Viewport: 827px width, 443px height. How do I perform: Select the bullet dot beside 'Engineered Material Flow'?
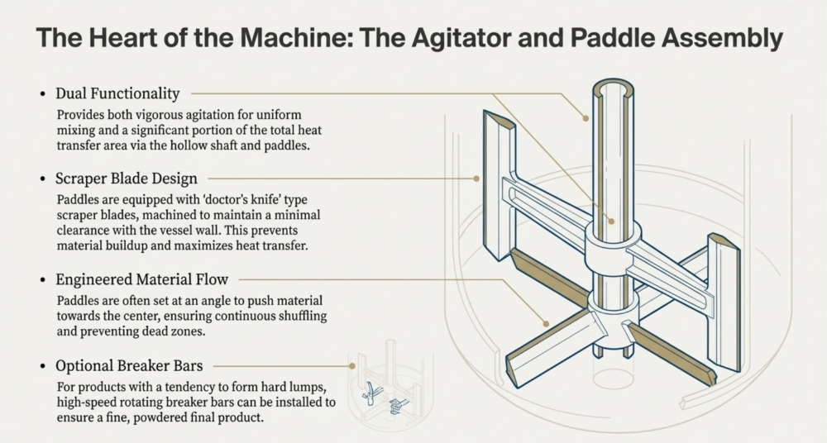pyautogui.click(x=42, y=280)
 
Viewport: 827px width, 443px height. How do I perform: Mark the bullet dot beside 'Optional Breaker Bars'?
pyautogui.click(x=42, y=365)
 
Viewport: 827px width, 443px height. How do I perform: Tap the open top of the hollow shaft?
pyautogui.click(x=610, y=88)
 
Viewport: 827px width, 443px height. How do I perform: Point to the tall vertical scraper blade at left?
pyautogui.click(x=499, y=186)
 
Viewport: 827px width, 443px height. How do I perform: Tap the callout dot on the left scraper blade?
pyautogui.click(x=477, y=178)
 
